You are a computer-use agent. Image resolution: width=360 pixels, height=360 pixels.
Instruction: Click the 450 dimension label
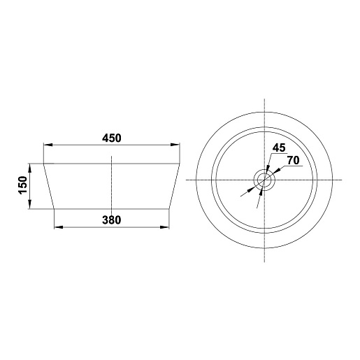pos(112,138)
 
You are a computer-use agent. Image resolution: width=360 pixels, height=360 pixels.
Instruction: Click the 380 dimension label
pos(112,220)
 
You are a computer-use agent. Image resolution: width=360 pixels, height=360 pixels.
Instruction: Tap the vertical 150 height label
pos(23,185)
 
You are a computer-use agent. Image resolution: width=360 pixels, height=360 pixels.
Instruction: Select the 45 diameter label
pos(279,147)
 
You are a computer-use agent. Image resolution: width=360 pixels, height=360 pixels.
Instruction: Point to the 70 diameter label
pos(293,160)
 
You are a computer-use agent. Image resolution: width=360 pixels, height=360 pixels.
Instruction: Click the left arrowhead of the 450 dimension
pos(48,145)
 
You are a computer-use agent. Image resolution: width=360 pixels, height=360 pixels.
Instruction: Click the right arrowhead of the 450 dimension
pos(175,145)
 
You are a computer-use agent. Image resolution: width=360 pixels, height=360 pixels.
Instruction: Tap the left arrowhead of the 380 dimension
pos(59,227)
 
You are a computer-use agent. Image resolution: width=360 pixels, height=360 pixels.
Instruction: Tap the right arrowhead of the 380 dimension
pos(164,227)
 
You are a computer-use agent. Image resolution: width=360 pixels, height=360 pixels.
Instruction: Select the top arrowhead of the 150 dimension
pos(29,168)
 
